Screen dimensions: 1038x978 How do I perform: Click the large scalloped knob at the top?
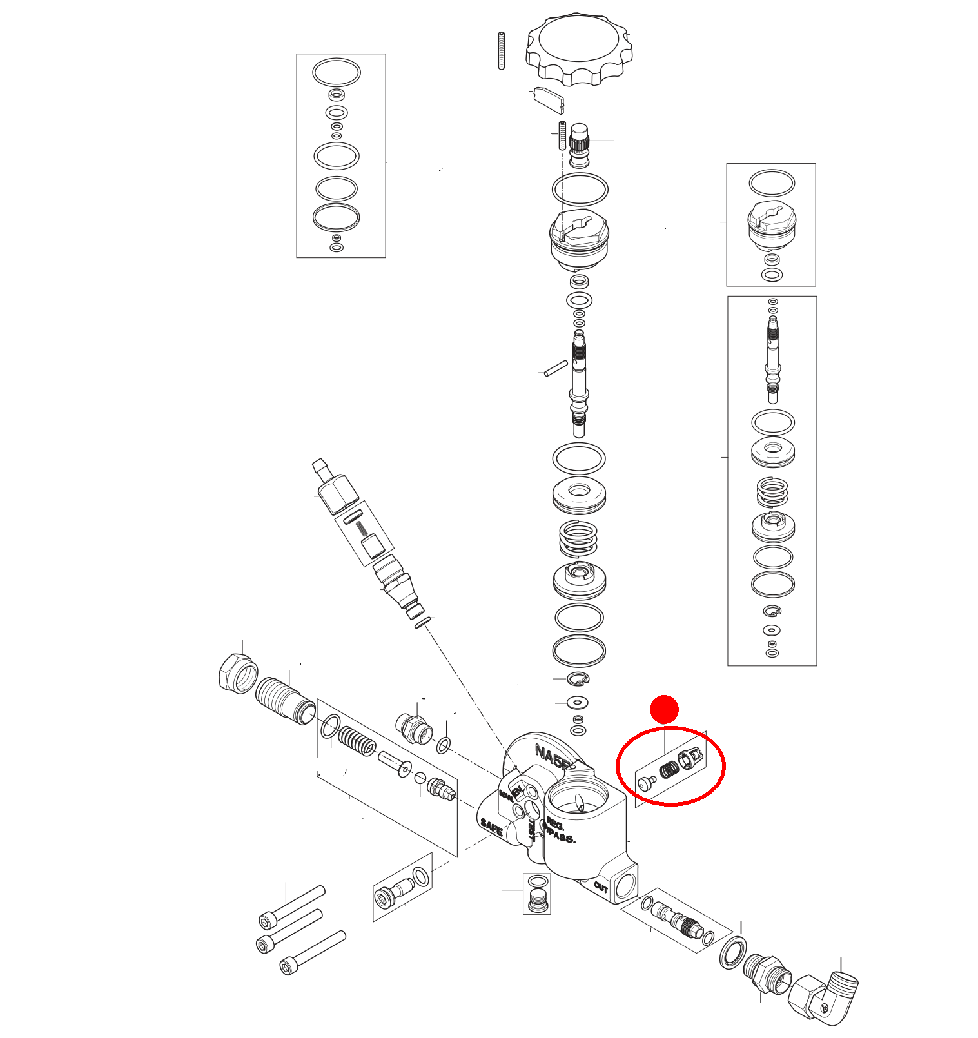click(x=578, y=48)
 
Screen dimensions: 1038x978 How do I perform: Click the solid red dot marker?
click(x=664, y=709)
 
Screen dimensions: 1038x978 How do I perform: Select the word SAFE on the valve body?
click(x=491, y=827)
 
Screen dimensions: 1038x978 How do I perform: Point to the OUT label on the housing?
click(x=601, y=887)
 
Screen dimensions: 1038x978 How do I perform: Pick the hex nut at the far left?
click(x=237, y=673)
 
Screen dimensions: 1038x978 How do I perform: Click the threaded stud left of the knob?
click(x=501, y=51)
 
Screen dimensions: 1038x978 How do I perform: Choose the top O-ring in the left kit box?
click(x=336, y=72)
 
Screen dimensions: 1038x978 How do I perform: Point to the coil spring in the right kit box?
click(x=772, y=492)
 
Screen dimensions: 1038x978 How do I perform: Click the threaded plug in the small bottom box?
click(x=537, y=901)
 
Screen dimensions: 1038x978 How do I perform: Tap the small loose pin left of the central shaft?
click(x=555, y=368)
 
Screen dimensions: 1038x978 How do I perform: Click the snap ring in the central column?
click(x=578, y=678)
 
